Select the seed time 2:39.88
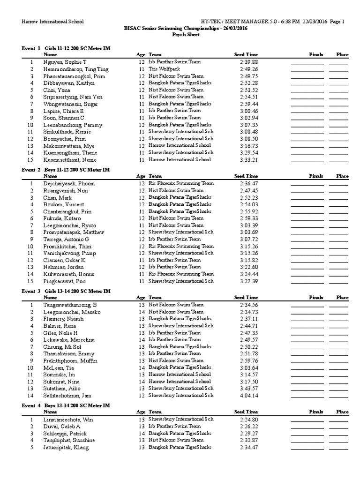coord(249,62)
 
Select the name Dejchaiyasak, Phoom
coord(69,184)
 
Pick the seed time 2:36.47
coord(249,184)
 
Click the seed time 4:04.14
coord(249,396)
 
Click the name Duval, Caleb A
coord(62,427)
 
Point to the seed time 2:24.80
coord(249,420)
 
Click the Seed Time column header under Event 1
coord(246,55)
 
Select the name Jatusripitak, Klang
coord(66,448)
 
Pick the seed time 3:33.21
coord(249,160)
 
